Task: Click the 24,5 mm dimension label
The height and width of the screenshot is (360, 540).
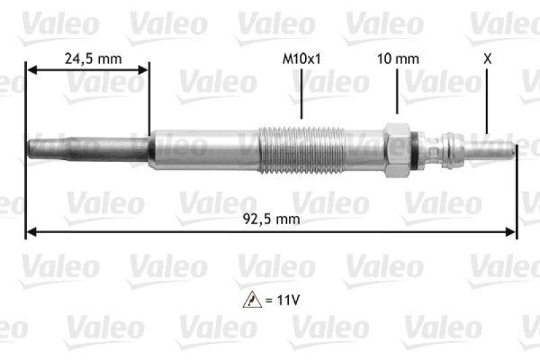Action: pyautogui.click(x=93, y=59)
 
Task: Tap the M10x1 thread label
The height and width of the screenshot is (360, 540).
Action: pyautogui.click(x=301, y=59)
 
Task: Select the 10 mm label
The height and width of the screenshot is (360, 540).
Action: pyautogui.click(x=398, y=59)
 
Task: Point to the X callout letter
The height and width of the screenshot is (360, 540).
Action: pyautogui.click(x=487, y=59)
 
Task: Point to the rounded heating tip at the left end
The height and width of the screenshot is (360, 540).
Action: pyautogui.click(x=30, y=149)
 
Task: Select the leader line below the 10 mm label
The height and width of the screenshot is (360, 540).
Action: pyautogui.click(x=398, y=91)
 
